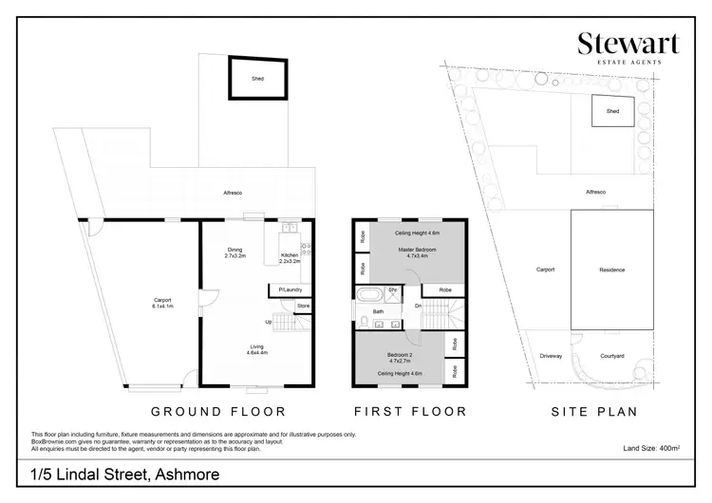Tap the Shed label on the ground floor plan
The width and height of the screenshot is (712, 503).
click(x=258, y=80)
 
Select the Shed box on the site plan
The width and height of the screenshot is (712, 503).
click(x=612, y=112)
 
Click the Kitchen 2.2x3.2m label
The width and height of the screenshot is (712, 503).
click(x=289, y=258)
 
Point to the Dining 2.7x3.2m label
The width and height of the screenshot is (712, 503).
click(x=234, y=252)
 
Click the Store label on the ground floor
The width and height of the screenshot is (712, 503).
click(x=303, y=306)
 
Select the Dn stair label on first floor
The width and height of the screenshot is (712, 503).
click(x=418, y=306)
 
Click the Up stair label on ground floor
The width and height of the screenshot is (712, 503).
click(x=268, y=322)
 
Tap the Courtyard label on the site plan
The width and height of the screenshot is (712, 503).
click(x=612, y=356)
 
